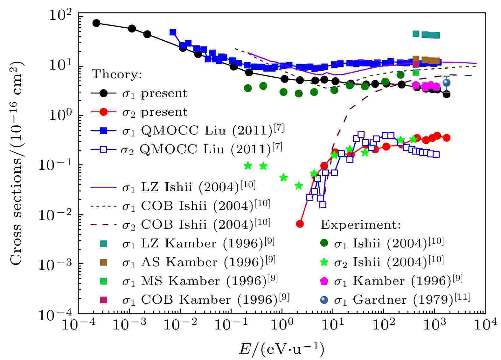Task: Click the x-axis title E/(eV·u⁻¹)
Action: click(x=282, y=349)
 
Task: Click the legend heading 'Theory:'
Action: click(x=117, y=74)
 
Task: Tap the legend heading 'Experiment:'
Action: click(x=360, y=225)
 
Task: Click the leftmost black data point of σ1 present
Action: click(x=96, y=23)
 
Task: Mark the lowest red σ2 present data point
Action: click(x=300, y=224)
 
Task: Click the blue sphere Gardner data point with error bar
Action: click(x=447, y=83)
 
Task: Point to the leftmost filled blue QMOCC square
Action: click(x=173, y=32)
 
